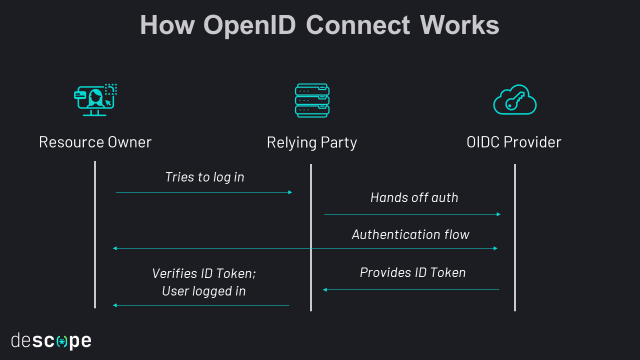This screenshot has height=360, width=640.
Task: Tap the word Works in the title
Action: pyautogui.click(x=459, y=25)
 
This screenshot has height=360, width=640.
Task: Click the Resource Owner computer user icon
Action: pyautogui.click(x=95, y=99)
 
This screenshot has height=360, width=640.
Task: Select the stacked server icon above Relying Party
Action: pyautogui.click(x=312, y=100)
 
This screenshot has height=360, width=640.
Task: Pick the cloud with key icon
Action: pyautogui.click(x=514, y=100)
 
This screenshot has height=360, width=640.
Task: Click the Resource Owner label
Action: pyautogui.click(x=95, y=142)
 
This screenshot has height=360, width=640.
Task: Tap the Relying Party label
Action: pyautogui.click(x=312, y=142)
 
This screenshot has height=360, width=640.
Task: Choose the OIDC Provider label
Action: pyautogui.click(x=514, y=142)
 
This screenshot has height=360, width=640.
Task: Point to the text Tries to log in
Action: pyautogui.click(x=204, y=177)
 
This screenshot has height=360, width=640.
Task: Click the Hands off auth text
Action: pyautogui.click(x=414, y=197)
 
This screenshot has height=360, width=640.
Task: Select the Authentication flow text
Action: pyautogui.click(x=410, y=234)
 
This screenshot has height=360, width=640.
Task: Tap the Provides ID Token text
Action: pyautogui.click(x=412, y=272)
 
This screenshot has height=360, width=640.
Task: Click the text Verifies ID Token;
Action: pyautogui.click(x=204, y=273)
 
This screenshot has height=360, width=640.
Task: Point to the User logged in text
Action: pyautogui.click(x=204, y=291)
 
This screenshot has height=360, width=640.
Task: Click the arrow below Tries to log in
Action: pyautogui.click(x=204, y=192)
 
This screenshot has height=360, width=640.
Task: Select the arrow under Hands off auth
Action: pyautogui.click(x=412, y=214)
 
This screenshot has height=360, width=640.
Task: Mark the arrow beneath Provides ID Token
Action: pyautogui.click(x=411, y=289)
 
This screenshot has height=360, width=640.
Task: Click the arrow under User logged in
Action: pyautogui.click(x=201, y=305)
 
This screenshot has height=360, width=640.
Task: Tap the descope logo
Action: pyautogui.click(x=51, y=341)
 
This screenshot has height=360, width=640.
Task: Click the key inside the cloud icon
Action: pyautogui.click(x=514, y=101)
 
